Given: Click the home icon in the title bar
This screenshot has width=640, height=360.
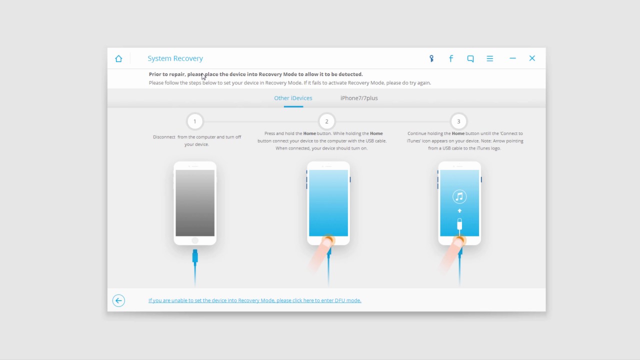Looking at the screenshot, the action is pyautogui.click(x=118, y=58).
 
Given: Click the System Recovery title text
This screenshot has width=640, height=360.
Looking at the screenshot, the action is pyautogui.click(x=175, y=58).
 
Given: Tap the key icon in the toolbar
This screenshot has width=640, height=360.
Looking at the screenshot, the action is pyautogui.click(x=431, y=58).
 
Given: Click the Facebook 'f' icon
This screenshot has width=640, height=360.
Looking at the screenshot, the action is pyautogui.click(x=451, y=58).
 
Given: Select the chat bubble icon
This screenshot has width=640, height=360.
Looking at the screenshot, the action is pyautogui.click(x=470, y=58).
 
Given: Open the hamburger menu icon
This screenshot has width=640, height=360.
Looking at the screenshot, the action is pyautogui.click(x=489, y=58).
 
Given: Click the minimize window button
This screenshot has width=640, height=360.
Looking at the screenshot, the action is pyautogui.click(x=512, y=58).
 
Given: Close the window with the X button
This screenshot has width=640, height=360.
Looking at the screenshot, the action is pyautogui.click(x=532, y=58).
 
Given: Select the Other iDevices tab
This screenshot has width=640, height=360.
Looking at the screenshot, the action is pyautogui.click(x=293, y=98).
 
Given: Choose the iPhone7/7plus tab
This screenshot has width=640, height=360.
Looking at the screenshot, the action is pyautogui.click(x=359, y=98).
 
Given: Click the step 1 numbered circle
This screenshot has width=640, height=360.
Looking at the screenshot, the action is pyautogui.click(x=195, y=121).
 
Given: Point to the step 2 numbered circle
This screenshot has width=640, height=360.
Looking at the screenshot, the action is pyautogui.click(x=326, y=121).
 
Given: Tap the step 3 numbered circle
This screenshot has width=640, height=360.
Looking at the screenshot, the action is pyautogui.click(x=458, y=121).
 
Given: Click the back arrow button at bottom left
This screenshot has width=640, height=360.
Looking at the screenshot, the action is pyautogui.click(x=118, y=300).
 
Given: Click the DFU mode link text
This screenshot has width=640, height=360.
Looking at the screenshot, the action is pyautogui.click(x=255, y=300).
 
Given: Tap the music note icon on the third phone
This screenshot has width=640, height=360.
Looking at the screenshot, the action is pyautogui.click(x=459, y=196).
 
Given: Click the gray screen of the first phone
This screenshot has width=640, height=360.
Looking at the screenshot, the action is pyautogui.click(x=195, y=203).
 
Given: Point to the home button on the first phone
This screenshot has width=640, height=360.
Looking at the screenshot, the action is pyautogui.click(x=195, y=240).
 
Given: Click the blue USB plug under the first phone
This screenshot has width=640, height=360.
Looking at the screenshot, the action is pyautogui.click(x=195, y=256).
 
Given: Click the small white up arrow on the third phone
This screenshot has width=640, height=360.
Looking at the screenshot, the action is pyautogui.click(x=459, y=211).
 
